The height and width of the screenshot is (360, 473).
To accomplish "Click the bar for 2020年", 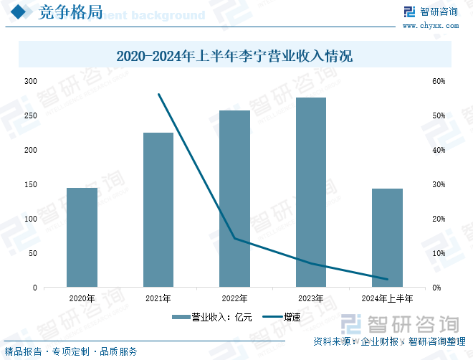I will tap(82, 237).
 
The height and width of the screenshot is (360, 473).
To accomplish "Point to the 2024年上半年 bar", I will tap(387, 237).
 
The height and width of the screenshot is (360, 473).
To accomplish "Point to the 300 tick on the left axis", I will tap(30, 81).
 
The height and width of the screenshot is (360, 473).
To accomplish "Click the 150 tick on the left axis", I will tap(30, 184).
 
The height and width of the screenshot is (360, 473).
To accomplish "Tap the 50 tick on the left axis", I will tap(32, 253).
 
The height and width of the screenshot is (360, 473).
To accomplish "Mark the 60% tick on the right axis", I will tap(438, 81).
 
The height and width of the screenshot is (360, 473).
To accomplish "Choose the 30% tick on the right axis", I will tap(438, 184).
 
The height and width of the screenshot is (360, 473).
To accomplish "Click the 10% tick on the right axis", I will tap(438, 253).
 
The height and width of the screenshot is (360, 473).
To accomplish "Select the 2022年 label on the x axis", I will tap(234, 298).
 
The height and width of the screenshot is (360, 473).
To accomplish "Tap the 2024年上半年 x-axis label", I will tap(387, 298).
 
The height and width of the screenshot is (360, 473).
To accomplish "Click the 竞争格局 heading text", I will tap(70, 12).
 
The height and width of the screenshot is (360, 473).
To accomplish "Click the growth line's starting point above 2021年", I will tap(158, 94).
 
